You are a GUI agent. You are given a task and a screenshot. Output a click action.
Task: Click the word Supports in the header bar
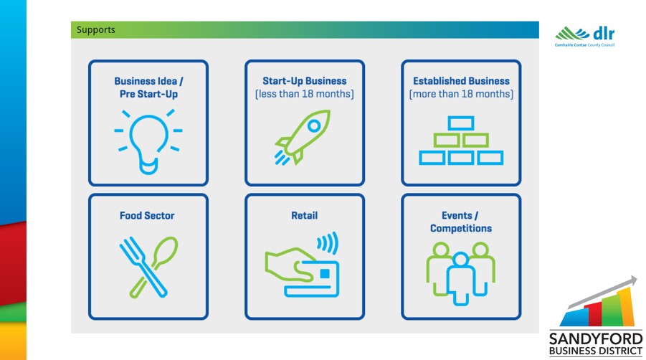(x=95, y=30)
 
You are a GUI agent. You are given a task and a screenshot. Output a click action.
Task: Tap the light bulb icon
(x=148, y=141)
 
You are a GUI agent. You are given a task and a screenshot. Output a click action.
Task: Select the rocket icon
(x=303, y=137)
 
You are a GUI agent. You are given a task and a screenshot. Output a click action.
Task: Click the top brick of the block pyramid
(x=461, y=123)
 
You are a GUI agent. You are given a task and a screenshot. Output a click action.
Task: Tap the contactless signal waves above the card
(x=328, y=243)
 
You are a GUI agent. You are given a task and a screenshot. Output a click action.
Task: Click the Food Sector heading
(x=147, y=215)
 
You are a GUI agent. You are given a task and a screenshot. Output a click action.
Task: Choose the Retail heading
(x=305, y=215)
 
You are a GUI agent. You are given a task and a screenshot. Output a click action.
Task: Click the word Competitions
(x=461, y=228)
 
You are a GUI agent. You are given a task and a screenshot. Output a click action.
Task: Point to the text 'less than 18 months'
(x=305, y=94)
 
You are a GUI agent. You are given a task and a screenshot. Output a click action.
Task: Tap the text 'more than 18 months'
(x=461, y=94)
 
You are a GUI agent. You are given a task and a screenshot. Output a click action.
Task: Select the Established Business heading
(x=462, y=81)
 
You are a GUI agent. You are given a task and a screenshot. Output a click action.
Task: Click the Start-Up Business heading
(x=305, y=81)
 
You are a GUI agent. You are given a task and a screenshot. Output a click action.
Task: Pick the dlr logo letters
(x=604, y=33)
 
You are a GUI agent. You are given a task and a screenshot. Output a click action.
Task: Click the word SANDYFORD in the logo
(x=596, y=339)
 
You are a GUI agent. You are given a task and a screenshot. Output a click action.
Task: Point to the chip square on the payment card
(x=325, y=273)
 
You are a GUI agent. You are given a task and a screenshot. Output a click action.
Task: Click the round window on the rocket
(x=314, y=125)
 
